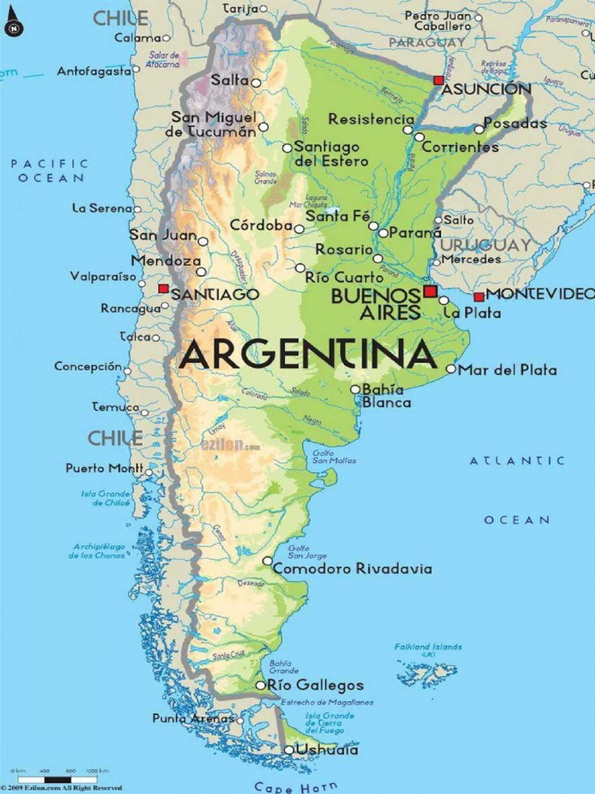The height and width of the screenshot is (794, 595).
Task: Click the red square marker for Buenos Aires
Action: tap(430, 291)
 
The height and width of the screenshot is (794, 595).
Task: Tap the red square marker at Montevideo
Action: tap(479, 296)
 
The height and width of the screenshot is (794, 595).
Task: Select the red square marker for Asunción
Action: tap(439, 80)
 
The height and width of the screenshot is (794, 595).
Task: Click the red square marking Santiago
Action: tap(163, 288)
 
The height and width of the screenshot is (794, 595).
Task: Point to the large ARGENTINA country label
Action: tap(308, 355)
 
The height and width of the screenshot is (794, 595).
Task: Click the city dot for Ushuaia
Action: tap(288, 750)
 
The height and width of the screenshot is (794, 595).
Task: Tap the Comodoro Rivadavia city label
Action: tap(353, 569)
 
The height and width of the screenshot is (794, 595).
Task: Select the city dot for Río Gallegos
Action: tap(260, 685)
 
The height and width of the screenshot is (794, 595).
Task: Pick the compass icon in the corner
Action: tap(13, 28)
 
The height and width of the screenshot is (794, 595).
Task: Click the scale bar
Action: tap(58, 778)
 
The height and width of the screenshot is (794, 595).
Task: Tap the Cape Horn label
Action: tap(295, 787)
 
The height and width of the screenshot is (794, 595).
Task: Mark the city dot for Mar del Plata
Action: tap(450, 369)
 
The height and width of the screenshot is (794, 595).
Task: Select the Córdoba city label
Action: tap(261, 226)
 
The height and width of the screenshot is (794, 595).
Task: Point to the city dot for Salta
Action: tap(256, 82)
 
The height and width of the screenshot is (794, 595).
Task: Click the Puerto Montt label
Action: tap(104, 468)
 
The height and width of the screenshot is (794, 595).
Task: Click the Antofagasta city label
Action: tap(94, 71)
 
